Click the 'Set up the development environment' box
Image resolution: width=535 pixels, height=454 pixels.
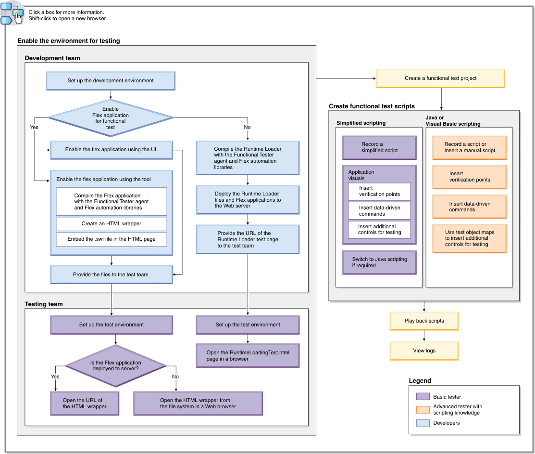pos(111,80)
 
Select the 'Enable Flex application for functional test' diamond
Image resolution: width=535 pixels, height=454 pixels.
pos(111,118)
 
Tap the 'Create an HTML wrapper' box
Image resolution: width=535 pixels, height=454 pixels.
pos(112,224)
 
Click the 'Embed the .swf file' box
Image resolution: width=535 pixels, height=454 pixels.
pos(112,239)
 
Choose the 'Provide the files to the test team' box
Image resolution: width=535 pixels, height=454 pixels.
pos(111,274)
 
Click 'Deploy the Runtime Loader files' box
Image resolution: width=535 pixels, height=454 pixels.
pos(248,200)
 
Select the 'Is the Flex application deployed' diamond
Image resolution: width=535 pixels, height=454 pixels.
pos(115,366)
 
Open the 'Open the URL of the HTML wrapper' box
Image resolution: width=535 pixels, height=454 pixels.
pos(85,403)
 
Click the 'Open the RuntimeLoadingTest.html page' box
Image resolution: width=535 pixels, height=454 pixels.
pos(248,356)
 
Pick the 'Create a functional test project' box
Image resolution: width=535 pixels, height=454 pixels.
pos(440,78)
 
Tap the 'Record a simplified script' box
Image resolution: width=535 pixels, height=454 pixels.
pos(379,147)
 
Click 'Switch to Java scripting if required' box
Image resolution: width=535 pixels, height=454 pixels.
pos(379,262)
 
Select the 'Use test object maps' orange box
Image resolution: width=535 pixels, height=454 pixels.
pos(469,238)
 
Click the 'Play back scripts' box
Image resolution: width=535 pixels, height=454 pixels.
pos(424,321)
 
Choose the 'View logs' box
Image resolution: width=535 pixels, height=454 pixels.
pos(424,351)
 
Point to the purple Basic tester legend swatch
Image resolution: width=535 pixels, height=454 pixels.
pos(423,397)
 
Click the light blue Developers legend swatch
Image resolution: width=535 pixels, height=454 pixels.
pos(423,423)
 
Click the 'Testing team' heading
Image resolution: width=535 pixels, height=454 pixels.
pos(44,304)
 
